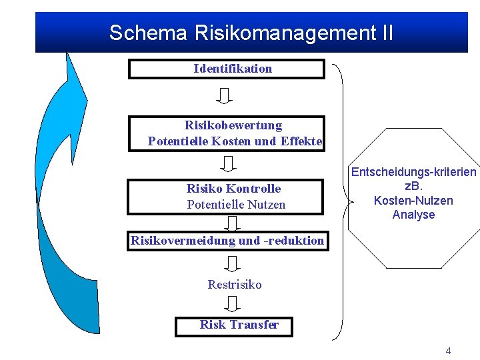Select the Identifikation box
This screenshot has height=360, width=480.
pos(226,69)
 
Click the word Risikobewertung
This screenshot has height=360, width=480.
pos(233,125)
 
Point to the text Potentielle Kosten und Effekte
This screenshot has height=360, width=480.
pos(235,141)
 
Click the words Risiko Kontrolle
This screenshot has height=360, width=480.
pos(233,189)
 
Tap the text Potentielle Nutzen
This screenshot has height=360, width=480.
pos(236,205)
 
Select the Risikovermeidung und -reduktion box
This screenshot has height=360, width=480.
pos(227,241)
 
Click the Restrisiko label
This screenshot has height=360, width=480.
pos(235,285)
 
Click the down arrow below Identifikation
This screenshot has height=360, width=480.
pos(225,96)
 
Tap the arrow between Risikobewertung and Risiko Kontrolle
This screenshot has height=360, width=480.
pos(229,163)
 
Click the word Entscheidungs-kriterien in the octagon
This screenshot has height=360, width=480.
pos(414,172)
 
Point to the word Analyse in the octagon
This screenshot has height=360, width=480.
pos(413,215)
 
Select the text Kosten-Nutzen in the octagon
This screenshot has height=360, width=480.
pos(413,201)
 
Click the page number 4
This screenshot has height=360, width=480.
pos(448,350)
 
